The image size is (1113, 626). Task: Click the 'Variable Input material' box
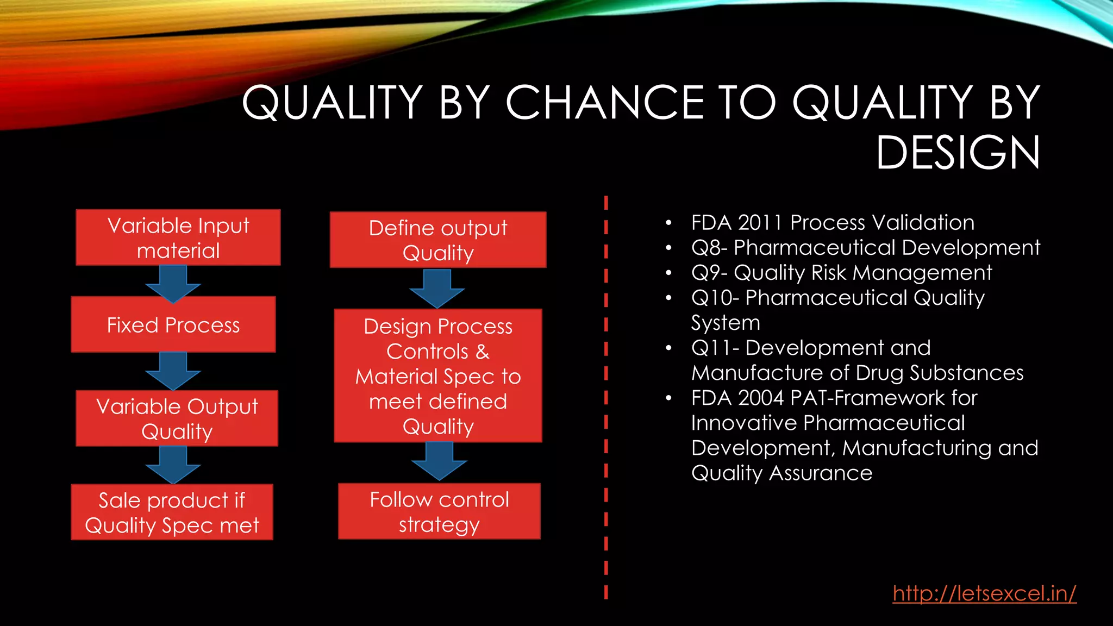pos(178,237)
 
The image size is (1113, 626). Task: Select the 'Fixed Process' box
pos(173,325)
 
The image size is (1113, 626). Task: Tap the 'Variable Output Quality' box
pos(177,418)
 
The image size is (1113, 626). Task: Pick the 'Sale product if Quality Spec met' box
pos(172,512)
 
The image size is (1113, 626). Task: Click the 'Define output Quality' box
pos(438,240)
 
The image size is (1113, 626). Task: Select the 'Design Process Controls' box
pos(438,375)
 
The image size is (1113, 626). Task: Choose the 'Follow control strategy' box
pos(439,511)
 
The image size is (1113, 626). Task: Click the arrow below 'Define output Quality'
pos(437,289)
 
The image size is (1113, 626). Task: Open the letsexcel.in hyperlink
pos(984,593)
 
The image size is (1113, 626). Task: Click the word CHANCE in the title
pos(604,103)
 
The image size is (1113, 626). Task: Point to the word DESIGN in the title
pos(958,153)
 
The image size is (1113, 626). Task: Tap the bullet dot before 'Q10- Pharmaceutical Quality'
pos(668,298)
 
